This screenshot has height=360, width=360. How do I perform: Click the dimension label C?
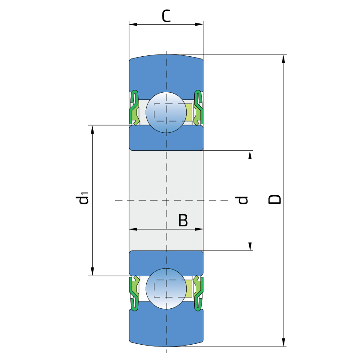[166, 16]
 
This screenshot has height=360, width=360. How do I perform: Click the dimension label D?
[275, 199]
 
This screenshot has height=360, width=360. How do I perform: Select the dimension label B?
[183, 220]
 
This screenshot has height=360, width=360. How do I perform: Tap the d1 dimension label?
[82, 198]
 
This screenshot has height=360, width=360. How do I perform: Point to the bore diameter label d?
[243, 200]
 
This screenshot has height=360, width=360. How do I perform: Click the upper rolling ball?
[166, 112]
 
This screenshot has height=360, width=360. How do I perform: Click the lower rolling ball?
[166, 288]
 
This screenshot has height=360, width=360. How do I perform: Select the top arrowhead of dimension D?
[283, 59]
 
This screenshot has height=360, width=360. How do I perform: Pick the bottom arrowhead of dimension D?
[283, 342]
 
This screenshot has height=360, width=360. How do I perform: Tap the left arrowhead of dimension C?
[133, 24]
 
